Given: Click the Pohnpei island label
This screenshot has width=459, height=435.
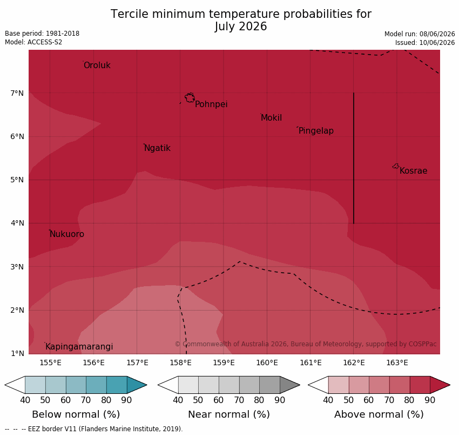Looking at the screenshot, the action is click(x=211, y=104).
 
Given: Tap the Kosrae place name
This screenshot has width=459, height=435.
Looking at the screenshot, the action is click(x=413, y=171).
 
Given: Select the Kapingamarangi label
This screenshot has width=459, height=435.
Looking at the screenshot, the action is click(x=79, y=347).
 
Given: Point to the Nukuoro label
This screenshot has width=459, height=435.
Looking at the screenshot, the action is click(x=67, y=234).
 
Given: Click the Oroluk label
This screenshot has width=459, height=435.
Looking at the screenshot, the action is click(x=97, y=65).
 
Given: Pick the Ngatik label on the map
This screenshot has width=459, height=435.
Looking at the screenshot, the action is click(x=157, y=148).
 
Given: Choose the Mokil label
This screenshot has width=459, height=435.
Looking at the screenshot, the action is click(x=271, y=118).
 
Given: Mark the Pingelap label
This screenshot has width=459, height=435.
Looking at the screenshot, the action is click(x=316, y=131).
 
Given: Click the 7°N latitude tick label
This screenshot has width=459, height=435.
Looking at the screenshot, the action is click(x=17, y=94).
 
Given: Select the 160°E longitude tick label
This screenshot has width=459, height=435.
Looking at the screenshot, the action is click(x=267, y=363).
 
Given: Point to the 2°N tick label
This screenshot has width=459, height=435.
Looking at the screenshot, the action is click(x=17, y=311).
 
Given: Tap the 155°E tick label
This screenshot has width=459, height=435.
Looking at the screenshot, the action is click(x=50, y=363).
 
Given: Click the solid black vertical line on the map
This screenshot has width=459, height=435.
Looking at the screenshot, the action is click(x=354, y=159).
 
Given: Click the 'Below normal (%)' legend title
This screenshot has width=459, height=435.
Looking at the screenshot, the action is click(x=76, y=414).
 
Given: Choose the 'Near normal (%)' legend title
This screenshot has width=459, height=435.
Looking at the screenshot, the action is click(x=228, y=414).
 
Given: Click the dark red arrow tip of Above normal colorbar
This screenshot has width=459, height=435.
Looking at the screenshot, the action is click(x=450, y=385).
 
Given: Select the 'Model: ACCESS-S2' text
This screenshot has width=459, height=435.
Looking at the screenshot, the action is click(x=33, y=42).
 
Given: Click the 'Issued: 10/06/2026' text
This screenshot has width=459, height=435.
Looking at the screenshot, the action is click(x=425, y=43).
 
